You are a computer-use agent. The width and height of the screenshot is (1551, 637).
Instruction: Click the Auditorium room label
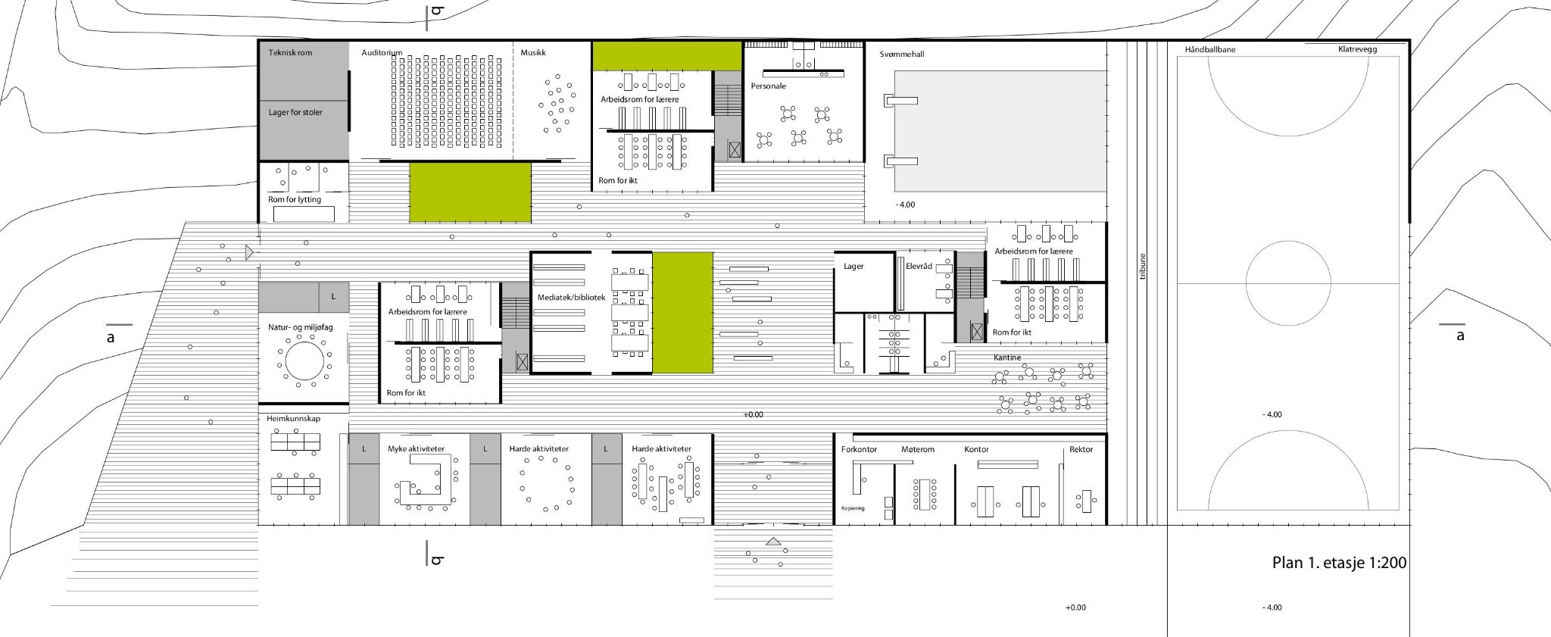click(x=382, y=53)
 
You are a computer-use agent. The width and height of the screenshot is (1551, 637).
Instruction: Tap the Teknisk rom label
click(x=290, y=53)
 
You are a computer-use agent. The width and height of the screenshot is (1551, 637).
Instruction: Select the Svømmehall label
click(x=902, y=55)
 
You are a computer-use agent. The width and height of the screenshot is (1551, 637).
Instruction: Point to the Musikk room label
click(x=533, y=53)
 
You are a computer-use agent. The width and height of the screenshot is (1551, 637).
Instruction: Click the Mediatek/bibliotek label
click(x=571, y=298)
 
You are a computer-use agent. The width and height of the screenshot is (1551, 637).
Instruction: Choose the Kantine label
click(x=1007, y=358)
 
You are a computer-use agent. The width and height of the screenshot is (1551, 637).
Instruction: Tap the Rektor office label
click(x=1081, y=449)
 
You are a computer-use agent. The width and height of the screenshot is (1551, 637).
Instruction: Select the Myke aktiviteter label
click(x=416, y=449)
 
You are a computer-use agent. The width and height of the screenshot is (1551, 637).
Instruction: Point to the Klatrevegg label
click(x=1357, y=49)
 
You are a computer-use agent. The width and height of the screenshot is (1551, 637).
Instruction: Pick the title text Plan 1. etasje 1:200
click(x=1339, y=563)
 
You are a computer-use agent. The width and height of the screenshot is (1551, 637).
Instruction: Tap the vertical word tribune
click(x=1143, y=266)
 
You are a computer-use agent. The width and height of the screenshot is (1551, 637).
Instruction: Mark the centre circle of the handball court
click(x=1288, y=242)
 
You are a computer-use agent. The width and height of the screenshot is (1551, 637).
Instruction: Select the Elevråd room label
click(x=919, y=267)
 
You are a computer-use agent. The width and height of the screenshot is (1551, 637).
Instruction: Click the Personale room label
click(x=769, y=86)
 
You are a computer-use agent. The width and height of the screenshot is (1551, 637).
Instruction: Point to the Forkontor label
click(x=859, y=449)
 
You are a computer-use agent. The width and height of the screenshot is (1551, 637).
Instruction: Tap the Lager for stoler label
click(x=295, y=112)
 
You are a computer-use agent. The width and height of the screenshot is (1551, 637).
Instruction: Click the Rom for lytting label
click(x=295, y=199)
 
